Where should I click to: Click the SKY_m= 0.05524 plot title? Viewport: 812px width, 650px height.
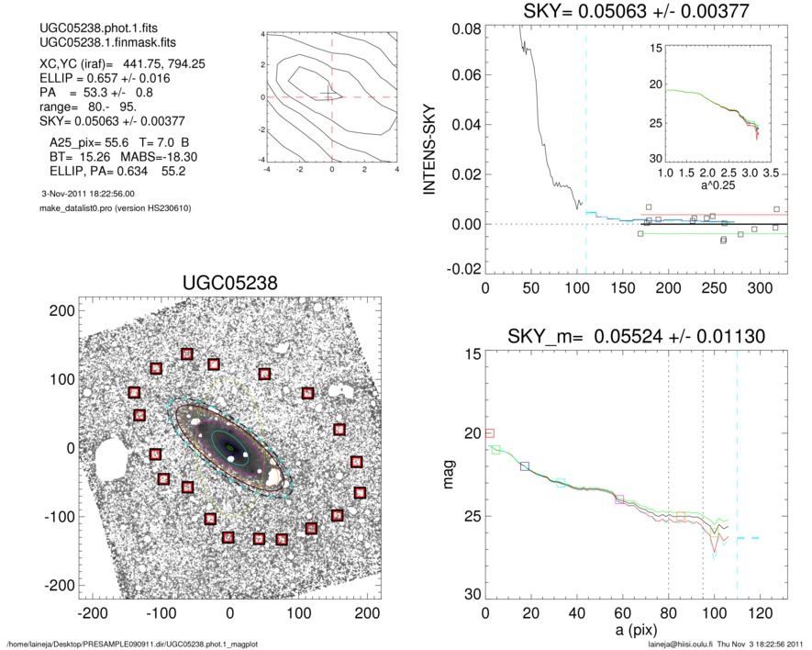pyautogui.click(x=634, y=337)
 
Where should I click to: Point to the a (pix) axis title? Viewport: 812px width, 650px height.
pyautogui.click(x=634, y=634)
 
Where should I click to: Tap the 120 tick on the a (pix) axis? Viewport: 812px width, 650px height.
pyautogui.click(x=760, y=613)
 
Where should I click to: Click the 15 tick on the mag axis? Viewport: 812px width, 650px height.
pyautogui.click(x=468, y=354)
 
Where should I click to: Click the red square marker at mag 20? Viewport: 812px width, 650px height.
pyautogui.click(x=489, y=432)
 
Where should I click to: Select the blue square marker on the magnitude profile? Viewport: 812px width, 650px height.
pyautogui.click(x=525, y=466)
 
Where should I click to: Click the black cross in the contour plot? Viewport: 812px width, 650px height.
pyautogui.click(x=330, y=95)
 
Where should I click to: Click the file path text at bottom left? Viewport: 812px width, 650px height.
pyautogui.click(x=133, y=644)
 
